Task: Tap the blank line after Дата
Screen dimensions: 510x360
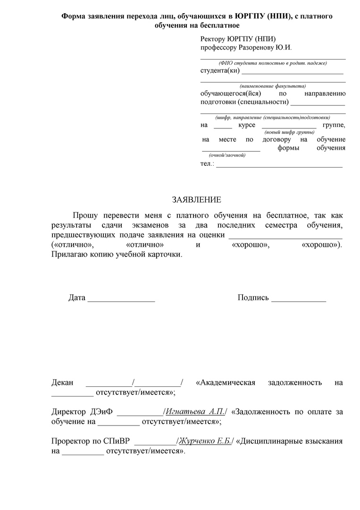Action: (121, 298)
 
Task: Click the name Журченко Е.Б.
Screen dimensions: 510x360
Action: (204, 441)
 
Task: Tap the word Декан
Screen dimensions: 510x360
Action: (62, 382)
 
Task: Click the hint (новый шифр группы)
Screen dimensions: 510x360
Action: (289, 133)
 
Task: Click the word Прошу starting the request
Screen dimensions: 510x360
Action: (85, 215)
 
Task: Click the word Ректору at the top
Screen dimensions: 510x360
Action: (213, 39)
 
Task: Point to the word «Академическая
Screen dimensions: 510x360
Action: (226, 382)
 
